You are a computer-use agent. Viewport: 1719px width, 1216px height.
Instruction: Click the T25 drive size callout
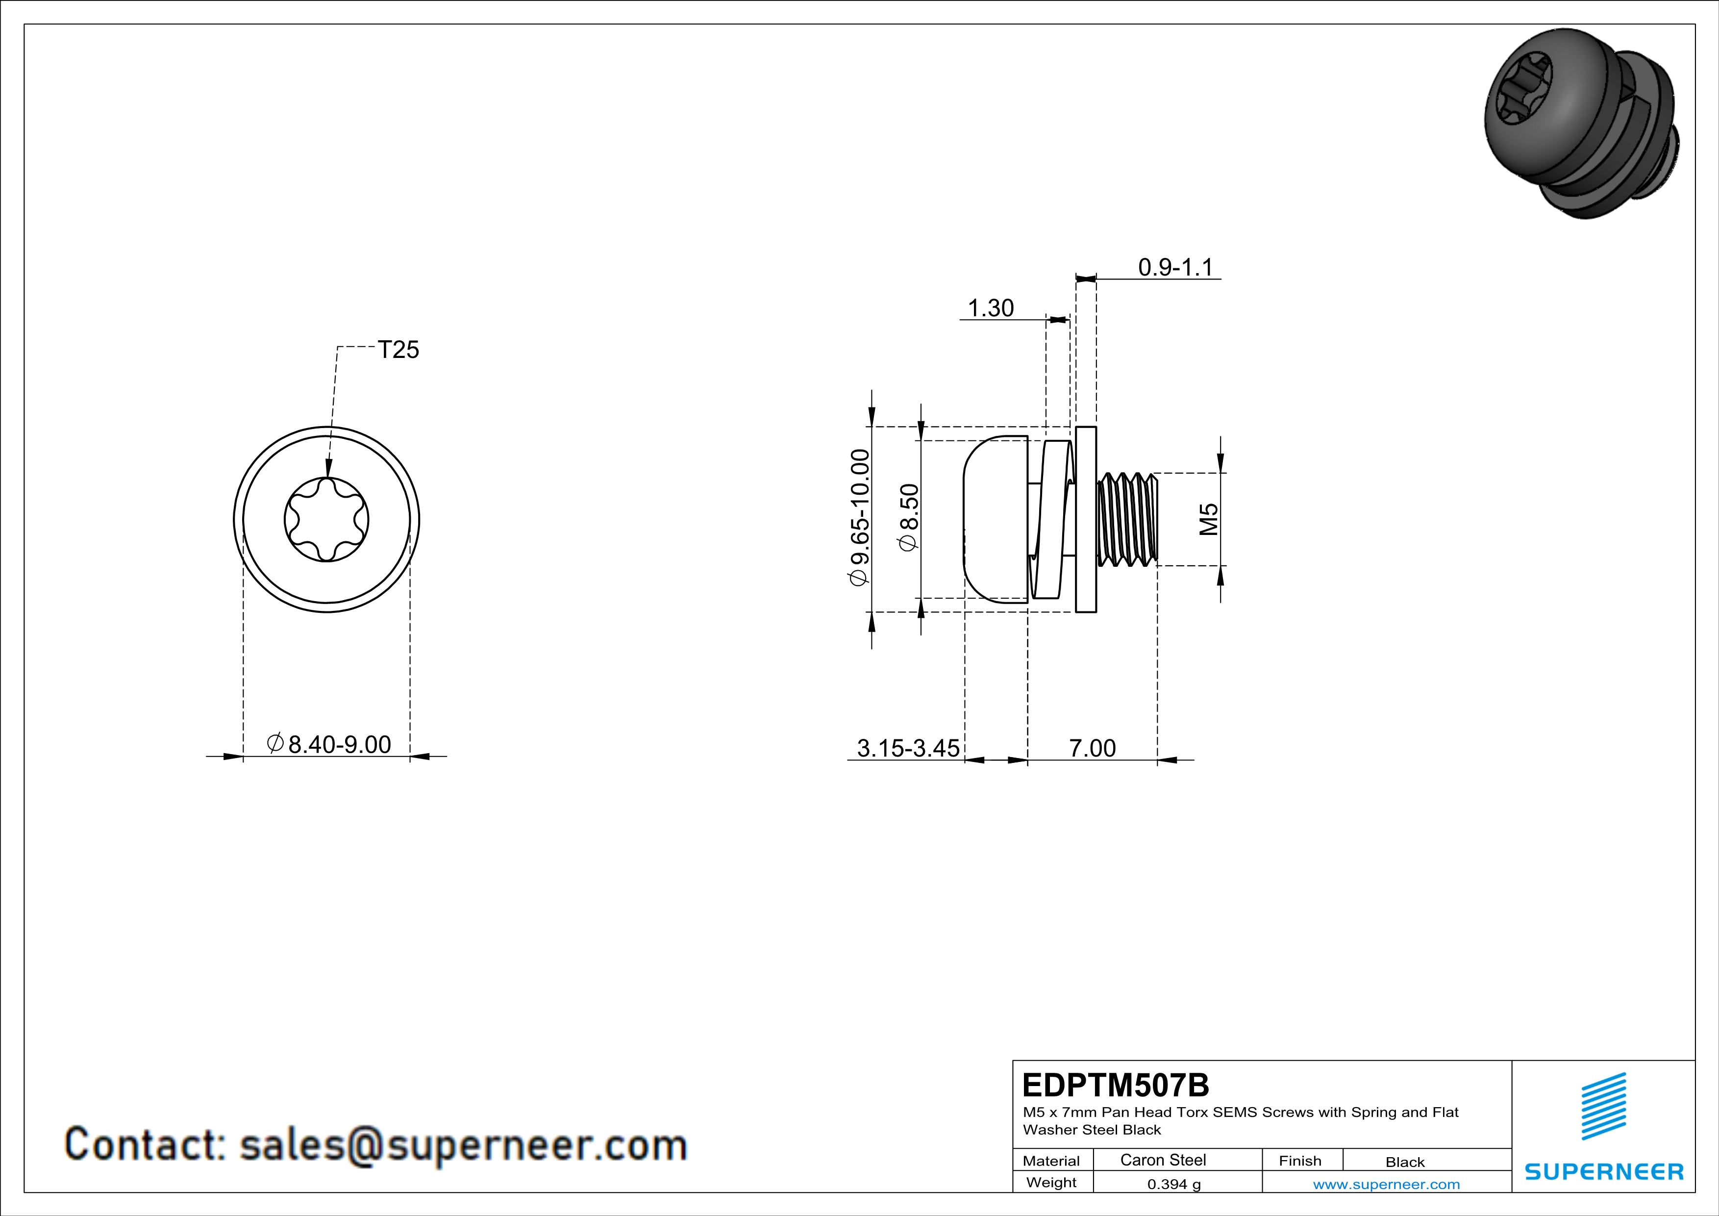[x=399, y=350]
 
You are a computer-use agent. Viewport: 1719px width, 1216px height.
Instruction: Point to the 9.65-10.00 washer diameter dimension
[x=860, y=517]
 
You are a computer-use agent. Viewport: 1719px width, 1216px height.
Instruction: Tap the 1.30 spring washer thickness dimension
[x=991, y=308]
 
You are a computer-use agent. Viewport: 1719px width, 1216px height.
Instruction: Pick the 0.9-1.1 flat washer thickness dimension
[x=1175, y=267]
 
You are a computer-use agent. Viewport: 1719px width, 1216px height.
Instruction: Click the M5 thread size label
[x=1208, y=519]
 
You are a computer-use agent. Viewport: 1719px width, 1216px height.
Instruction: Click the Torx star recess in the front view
[x=326, y=519]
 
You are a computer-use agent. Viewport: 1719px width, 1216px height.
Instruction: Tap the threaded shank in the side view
[x=1127, y=519]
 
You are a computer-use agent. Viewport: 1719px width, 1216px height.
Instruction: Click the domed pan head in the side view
[x=994, y=519]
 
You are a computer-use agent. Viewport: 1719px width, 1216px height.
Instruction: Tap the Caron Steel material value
[x=1163, y=1160]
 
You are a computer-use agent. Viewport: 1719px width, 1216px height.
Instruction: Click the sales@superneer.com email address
[x=463, y=1145]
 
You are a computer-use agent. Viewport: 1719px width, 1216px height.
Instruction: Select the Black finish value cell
[x=1404, y=1162]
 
